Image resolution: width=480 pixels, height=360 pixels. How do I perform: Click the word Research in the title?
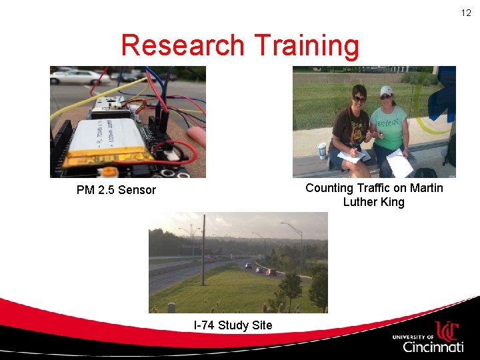(x=182, y=45)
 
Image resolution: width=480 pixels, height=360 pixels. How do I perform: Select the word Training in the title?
(x=305, y=45)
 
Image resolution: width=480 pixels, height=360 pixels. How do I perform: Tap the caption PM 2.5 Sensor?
(x=116, y=190)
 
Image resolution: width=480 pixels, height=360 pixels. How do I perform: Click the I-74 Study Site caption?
(x=233, y=325)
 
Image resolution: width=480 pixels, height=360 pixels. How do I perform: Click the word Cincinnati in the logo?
(x=433, y=347)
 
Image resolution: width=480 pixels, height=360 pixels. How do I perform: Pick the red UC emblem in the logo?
(x=447, y=331)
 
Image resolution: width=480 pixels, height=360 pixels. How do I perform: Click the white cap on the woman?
(x=386, y=91)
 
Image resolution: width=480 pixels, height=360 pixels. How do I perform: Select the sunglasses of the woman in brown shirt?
(x=359, y=99)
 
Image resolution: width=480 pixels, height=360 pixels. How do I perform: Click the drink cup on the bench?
(x=322, y=151)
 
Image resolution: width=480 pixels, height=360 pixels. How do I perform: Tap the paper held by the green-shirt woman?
(x=399, y=163)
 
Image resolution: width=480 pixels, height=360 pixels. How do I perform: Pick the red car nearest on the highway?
(x=271, y=272)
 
